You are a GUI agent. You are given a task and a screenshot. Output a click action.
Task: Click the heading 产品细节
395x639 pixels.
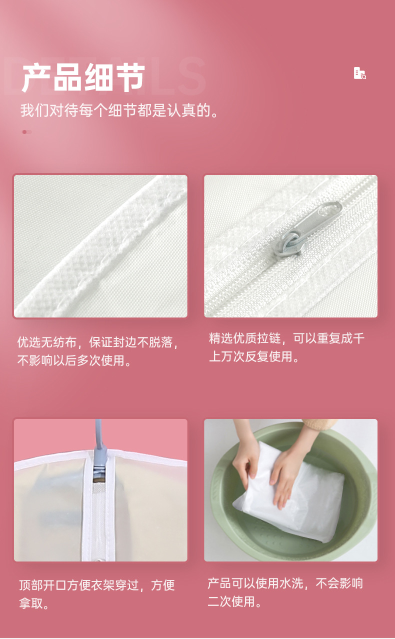coord(83,78)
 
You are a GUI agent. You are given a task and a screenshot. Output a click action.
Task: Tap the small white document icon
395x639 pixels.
coord(359,73)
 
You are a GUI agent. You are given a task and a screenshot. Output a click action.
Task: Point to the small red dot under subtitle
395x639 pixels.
coord(24,132)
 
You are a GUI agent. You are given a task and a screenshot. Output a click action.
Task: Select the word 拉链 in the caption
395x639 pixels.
coord(268,338)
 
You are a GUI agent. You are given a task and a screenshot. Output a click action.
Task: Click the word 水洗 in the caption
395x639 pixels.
coord(291,583)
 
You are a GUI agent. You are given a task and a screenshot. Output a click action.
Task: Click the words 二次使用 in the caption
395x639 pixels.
coord(231,601)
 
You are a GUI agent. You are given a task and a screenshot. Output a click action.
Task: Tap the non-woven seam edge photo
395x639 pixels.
coord(100,246)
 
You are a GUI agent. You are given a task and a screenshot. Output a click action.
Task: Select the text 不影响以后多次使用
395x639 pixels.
coord(70,360)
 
